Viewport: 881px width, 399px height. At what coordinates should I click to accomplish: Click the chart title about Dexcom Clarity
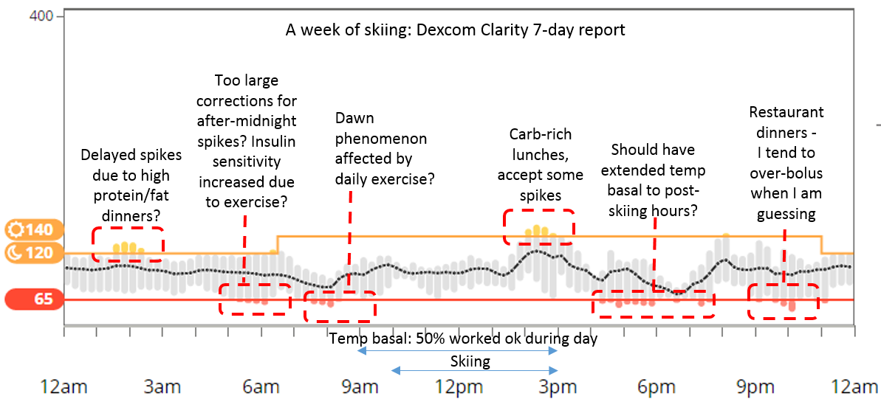coord(456,30)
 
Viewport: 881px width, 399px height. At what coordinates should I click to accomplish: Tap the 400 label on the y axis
coord(41,15)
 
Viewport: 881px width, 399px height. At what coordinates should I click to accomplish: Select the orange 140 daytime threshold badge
coord(29,229)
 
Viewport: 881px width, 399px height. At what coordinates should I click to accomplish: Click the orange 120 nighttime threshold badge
coord(29,253)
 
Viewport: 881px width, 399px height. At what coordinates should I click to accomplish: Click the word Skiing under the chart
coord(470,361)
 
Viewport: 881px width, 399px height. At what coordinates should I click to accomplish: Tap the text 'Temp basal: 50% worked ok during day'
coord(463,339)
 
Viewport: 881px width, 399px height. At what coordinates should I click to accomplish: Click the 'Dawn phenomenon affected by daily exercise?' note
coord(380,148)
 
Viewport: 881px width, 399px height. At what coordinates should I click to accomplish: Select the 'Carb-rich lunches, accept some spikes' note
coord(541,164)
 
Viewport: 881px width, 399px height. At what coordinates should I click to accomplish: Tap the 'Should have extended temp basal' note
coord(653,180)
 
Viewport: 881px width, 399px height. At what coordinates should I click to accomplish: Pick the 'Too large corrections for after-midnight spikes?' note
coord(246,140)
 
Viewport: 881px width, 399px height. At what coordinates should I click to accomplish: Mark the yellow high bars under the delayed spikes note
coord(126,248)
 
